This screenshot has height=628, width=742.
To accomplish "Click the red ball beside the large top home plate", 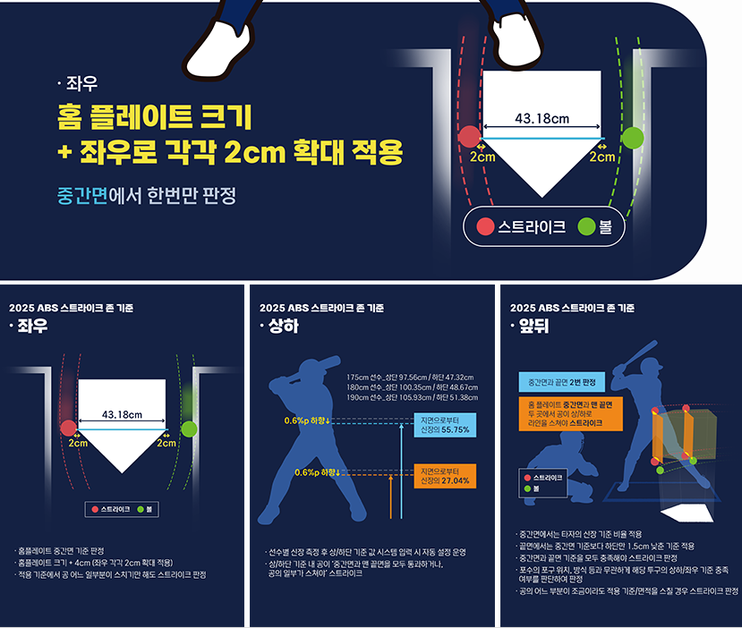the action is pos(469,137).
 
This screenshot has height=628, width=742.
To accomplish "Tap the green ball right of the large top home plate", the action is pos(633,138).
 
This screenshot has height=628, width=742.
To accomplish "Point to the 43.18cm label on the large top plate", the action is pos(542,118).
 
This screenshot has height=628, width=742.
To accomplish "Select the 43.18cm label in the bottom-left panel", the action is pos(122,415).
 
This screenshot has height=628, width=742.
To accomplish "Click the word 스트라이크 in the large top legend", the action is pos(532,227).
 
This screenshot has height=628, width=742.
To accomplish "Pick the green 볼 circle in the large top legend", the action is pos(586,227).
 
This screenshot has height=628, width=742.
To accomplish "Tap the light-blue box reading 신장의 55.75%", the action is pos(445,425).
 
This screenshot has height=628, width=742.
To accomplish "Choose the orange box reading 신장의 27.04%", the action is pos(445,476).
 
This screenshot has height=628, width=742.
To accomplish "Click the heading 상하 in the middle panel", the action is pos(284,326).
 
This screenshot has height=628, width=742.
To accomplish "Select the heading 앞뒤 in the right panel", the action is pos(533,326).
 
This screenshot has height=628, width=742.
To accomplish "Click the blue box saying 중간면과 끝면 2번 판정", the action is pos(562,382).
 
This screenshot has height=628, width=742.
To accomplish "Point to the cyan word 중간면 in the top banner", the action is pos(82,195).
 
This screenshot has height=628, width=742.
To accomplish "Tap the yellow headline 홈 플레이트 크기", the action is pos(154,116).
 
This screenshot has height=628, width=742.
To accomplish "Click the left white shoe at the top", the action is pos(218,50).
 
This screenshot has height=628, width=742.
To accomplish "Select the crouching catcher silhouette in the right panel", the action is pos(561,468).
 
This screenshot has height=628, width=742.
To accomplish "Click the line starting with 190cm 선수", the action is pos(412,397).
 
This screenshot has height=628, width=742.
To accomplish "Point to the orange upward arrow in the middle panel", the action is pos(391,497).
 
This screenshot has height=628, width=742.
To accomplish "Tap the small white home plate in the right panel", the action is pos(687,513).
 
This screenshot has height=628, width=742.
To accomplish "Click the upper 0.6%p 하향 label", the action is pos(307,420).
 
